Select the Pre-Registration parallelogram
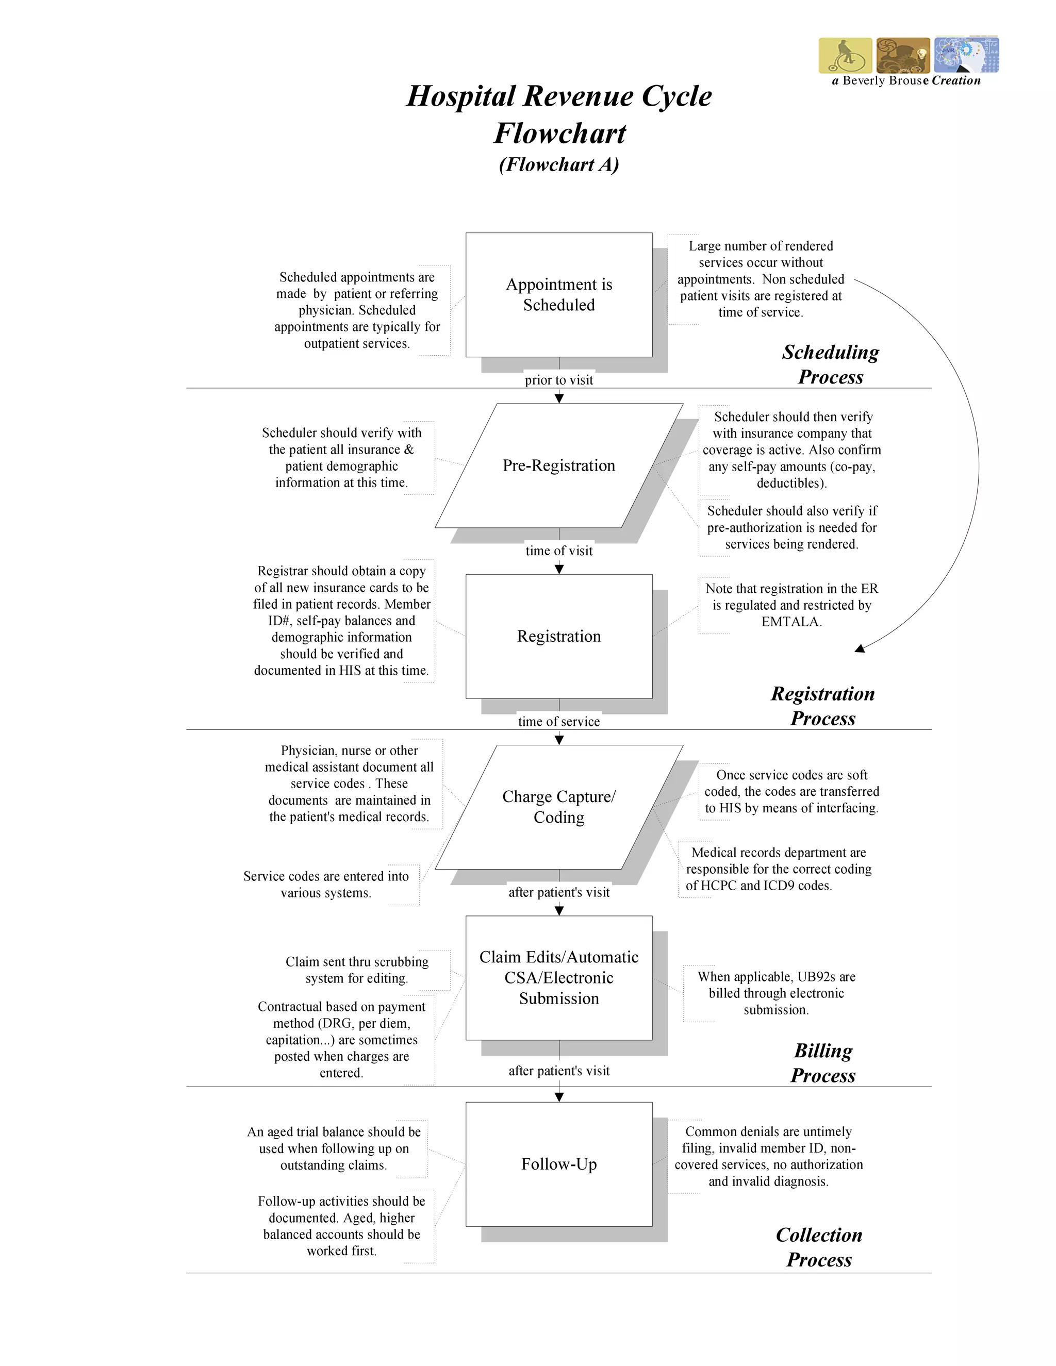pos(558,465)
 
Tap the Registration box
pos(558,636)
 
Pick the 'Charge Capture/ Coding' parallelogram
pos(558,807)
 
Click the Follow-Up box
pos(558,1164)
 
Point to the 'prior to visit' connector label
pos(558,380)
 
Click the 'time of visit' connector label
pos(558,551)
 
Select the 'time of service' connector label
pos(558,721)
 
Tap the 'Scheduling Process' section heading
pos(830,364)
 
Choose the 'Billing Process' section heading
pos(822,1063)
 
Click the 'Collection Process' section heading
pos(819,1247)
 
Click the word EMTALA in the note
pos(791,622)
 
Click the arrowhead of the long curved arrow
pos(861,648)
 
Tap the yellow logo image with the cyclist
pos(845,55)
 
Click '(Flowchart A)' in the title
pos(558,164)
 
